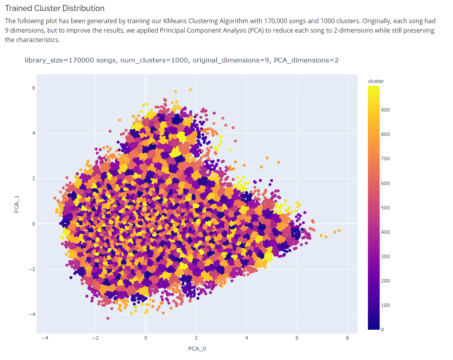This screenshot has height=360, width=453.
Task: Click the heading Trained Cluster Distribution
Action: pyautogui.click(x=55, y=8)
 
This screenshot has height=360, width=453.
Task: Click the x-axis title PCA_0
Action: pyautogui.click(x=197, y=349)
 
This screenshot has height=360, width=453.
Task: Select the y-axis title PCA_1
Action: pyautogui.click(x=17, y=204)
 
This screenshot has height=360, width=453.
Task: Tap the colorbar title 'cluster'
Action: pyautogui.click(x=376, y=81)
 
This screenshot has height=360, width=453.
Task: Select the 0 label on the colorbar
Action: pyautogui.click(x=382, y=330)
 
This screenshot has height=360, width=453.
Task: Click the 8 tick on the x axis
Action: pyautogui.click(x=347, y=338)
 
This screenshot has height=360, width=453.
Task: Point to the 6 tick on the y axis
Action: pyautogui.click(x=34, y=88)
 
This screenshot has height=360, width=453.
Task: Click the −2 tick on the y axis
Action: pyautogui.click(x=33, y=269)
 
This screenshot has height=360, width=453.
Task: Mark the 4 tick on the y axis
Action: pyautogui.click(x=34, y=133)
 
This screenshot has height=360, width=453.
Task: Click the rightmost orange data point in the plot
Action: pyautogui.click(x=339, y=230)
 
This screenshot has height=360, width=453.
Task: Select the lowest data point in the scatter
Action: pyautogui.click(x=108, y=318)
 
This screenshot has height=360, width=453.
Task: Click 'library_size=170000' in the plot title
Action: pyautogui.click(x=70, y=60)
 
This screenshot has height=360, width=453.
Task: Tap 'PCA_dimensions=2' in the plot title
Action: pyautogui.click(x=306, y=60)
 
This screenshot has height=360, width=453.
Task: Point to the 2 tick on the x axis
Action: pyautogui.click(x=196, y=338)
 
